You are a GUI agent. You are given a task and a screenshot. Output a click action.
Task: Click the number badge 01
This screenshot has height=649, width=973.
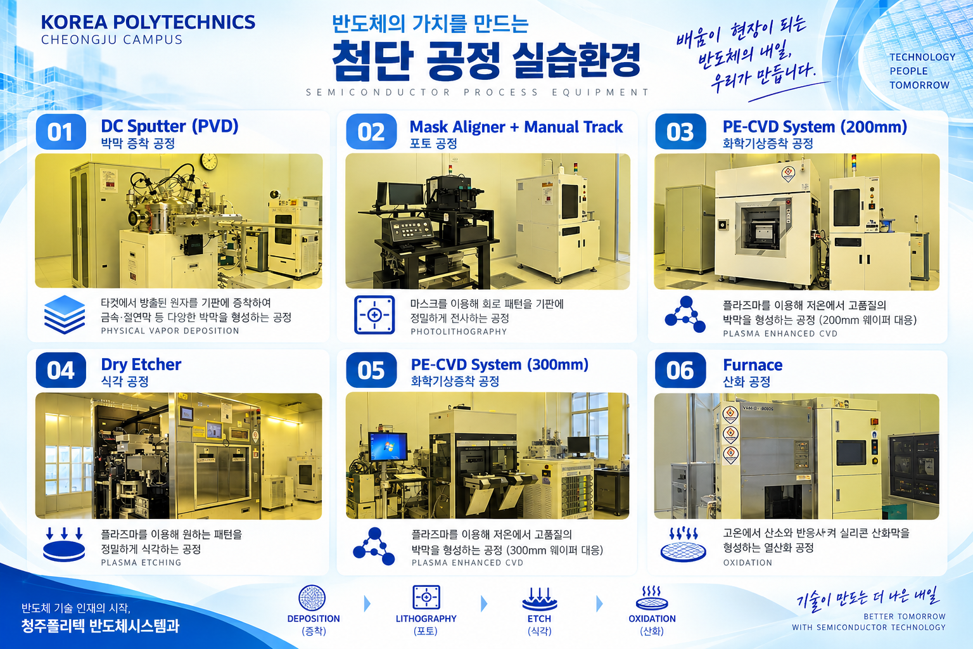click(61, 132)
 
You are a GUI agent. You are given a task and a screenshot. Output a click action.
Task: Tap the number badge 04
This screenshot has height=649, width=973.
click(61, 370)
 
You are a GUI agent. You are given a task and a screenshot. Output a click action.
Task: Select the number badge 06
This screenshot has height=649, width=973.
click(680, 370)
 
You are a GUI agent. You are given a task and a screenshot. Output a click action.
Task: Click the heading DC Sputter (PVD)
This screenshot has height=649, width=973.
click(170, 126)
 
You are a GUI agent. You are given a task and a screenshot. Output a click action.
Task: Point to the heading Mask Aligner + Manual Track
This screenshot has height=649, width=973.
click(516, 127)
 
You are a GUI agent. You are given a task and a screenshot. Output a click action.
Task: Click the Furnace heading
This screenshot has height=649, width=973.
click(753, 364)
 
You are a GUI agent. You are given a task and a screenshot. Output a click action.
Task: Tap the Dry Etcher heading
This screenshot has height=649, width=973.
click(141, 364)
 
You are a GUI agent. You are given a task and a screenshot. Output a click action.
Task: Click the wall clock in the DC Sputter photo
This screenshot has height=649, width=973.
click(209, 162)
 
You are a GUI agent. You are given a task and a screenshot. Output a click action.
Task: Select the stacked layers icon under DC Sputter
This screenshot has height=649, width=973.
click(64, 315)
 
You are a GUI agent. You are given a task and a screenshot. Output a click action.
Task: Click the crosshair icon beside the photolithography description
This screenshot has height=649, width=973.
click(374, 315)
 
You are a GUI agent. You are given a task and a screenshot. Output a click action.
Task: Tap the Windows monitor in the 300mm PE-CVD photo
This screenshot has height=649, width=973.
click(388, 447)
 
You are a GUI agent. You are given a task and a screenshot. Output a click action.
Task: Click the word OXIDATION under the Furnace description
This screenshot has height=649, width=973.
click(747, 563)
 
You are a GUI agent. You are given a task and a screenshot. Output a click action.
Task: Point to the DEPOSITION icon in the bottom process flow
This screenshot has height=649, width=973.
click(312, 598)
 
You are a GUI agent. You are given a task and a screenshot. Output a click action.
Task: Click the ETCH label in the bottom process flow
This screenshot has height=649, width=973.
click(539, 619)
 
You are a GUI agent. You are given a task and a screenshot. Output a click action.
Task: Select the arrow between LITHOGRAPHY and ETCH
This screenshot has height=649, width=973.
click(485, 603)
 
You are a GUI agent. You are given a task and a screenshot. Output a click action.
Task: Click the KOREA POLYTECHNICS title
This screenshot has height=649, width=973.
click(148, 22)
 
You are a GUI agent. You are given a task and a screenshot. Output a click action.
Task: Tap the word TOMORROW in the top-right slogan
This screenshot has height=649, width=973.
click(919, 85)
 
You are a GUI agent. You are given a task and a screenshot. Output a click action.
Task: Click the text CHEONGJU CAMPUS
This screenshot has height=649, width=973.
click(111, 39)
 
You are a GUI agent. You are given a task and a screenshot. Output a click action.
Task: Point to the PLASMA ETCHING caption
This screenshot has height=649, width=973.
click(141, 563)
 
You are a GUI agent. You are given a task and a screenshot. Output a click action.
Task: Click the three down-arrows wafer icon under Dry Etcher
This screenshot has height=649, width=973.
click(64, 544)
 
